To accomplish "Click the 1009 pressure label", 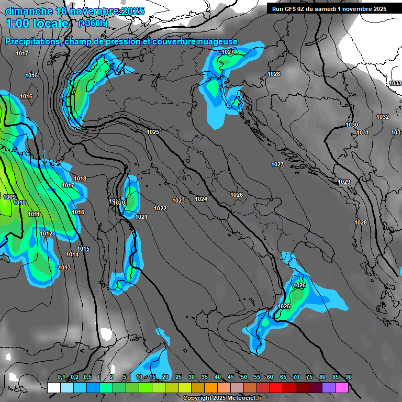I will (x=9, y=197).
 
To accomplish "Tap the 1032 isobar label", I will (x=383, y=117).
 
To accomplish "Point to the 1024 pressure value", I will (x=201, y=199).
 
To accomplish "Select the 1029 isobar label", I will (x=344, y=182).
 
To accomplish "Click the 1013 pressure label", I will (x=64, y=268).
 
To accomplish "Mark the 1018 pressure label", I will (x=80, y=179).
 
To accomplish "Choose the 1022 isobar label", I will (x=160, y=208).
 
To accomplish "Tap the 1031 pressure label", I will (x=363, y=132).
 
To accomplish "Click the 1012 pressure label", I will (x=46, y=233).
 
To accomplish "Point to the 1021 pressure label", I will (x=141, y=217).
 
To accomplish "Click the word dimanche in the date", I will (x=29, y=11).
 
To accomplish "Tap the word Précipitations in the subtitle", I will (x=32, y=42).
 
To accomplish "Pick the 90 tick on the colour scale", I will (x=348, y=377).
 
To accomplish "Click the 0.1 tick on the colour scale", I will (x=61, y=377).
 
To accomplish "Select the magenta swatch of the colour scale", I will (x=342, y=388).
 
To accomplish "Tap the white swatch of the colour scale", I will (x=53, y=388).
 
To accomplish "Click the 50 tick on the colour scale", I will (x=244, y=377).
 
